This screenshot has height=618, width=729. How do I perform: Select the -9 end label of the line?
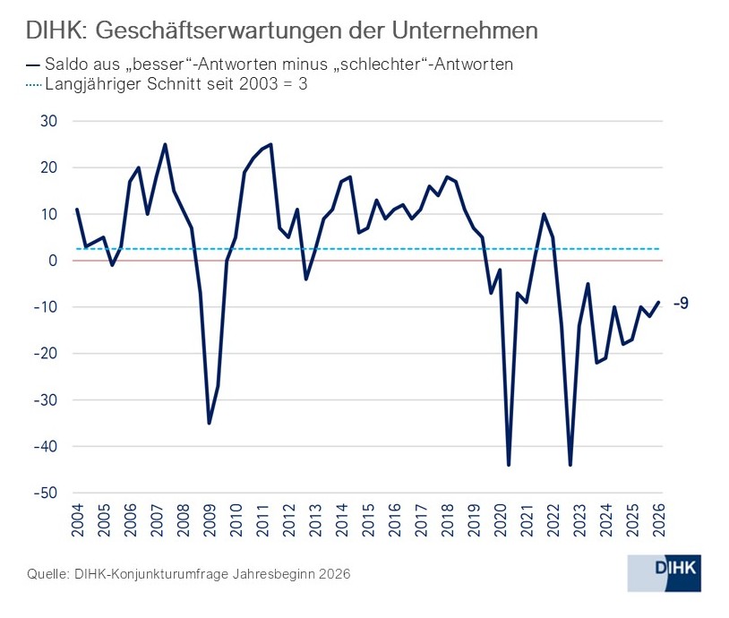pyautogui.click(x=681, y=304)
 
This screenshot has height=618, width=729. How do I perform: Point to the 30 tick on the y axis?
pyautogui.click(x=48, y=121)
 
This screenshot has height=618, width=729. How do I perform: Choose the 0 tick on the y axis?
pyautogui.click(x=53, y=261)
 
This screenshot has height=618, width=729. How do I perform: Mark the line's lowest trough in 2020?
pyautogui.click(x=509, y=465)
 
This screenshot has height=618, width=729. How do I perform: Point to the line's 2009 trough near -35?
pyautogui.click(x=209, y=423)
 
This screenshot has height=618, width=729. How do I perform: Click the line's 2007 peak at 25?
pyautogui.click(x=165, y=144)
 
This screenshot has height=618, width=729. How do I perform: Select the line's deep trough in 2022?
pyautogui.click(x=570, y=465)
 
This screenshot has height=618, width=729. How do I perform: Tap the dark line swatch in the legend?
pyautogui.click(x=33, y=65)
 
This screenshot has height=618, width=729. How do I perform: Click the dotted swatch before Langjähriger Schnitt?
pyautogui.click(x=34, y=87)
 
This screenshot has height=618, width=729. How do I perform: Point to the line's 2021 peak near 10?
pyautogui.click(x=544, y=214)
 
